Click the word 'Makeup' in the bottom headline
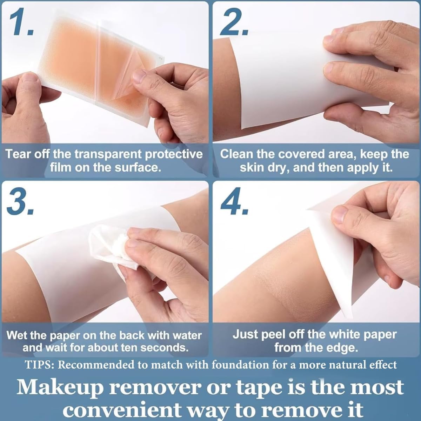(59, 387)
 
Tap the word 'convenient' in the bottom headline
(122, 408)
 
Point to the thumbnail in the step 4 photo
(339, 215)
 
